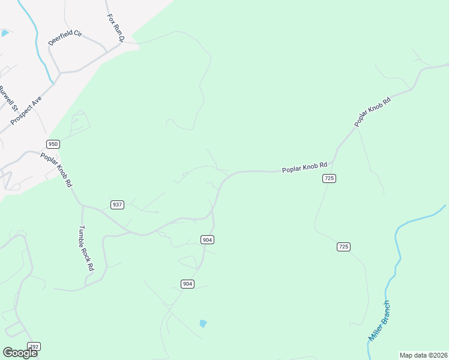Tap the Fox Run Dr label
(115, 28)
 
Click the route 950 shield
(53, 144)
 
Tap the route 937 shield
(117, 205)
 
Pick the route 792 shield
(34, 347)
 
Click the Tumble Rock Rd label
(87, 248)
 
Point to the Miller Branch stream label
(380, 321)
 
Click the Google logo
(20, 352)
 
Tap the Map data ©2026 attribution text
(423, 355)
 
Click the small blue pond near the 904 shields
(203, 324)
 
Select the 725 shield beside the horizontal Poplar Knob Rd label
(328, 178)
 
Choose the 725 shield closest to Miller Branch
(343, 247)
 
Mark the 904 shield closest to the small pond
(188, 283)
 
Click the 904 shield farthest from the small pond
(207, 240)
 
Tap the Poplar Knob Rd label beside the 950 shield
(56, 169)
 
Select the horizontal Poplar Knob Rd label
(305, 167)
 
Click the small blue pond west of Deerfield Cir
(5, 33)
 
